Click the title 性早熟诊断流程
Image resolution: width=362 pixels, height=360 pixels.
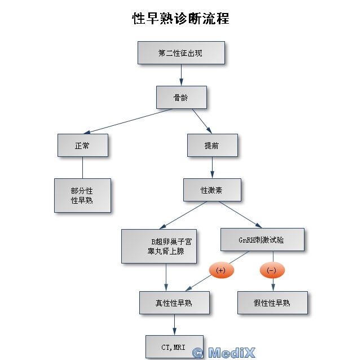180,19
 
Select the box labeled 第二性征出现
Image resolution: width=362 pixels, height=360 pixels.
181,53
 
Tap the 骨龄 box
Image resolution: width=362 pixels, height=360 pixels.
181,97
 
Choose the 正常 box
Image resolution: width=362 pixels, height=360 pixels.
82,145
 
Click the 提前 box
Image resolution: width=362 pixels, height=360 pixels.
212,145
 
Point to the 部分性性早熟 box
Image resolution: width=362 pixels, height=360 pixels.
82,195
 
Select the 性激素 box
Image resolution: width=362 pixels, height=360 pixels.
212,190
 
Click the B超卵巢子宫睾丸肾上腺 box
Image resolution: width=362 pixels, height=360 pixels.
160,246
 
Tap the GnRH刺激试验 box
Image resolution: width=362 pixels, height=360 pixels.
262,239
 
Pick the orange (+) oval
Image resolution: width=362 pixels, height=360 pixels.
221,270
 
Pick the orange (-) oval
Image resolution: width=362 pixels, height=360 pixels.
272,270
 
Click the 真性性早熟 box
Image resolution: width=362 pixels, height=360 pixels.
174,303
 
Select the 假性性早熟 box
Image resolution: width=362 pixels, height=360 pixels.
272,303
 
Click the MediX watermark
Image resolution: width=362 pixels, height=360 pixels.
224,353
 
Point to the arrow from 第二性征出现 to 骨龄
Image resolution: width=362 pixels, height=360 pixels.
181,75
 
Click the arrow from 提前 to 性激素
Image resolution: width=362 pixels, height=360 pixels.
212,168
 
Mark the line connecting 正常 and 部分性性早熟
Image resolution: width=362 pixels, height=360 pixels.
82,168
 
